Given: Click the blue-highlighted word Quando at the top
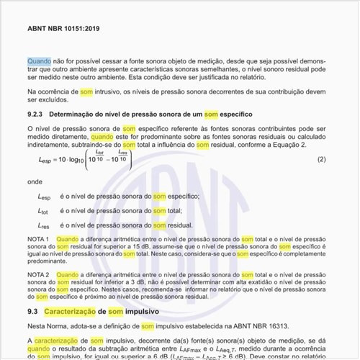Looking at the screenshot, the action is [x=39, y=62].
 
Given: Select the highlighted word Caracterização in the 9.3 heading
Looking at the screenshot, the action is [x=74, y=311].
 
